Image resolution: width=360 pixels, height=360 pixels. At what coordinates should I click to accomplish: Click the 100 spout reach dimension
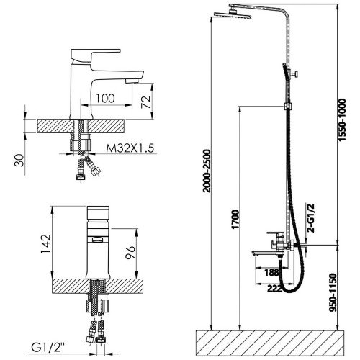(x=105, y=98)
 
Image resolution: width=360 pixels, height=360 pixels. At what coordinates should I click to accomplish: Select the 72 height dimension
(x=146, y=102)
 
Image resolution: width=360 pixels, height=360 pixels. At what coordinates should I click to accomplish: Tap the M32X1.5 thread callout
(x=130, y=148)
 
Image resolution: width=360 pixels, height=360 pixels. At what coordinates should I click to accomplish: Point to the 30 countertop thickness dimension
(x=19, y=161)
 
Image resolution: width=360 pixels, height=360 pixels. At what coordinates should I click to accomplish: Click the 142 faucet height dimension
(x=46, y=243)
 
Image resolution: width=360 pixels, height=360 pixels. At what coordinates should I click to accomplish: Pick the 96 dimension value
(x=130, y=252)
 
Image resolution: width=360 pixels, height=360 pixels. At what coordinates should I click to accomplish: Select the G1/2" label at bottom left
(x=48, y=348)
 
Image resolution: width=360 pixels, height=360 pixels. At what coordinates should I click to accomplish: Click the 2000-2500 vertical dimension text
(x=206, y=171)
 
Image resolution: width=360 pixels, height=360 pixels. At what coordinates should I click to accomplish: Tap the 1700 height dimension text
(x=235, y=220)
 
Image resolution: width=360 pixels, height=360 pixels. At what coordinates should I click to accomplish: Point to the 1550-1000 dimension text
(x=343, y=120)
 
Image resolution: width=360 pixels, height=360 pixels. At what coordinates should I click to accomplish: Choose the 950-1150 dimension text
(x=333, y=292)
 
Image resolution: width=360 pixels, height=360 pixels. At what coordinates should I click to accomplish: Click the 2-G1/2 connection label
(x=311, y=217)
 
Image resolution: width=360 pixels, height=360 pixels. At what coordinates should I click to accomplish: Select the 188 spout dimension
(x=271, y=272)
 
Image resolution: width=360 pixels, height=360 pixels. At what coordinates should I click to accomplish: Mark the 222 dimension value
(x=275, y=289)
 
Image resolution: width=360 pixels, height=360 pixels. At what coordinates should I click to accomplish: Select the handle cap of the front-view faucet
(x=98, y=212)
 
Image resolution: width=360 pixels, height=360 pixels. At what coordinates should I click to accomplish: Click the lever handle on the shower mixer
(x=275, y=233)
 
